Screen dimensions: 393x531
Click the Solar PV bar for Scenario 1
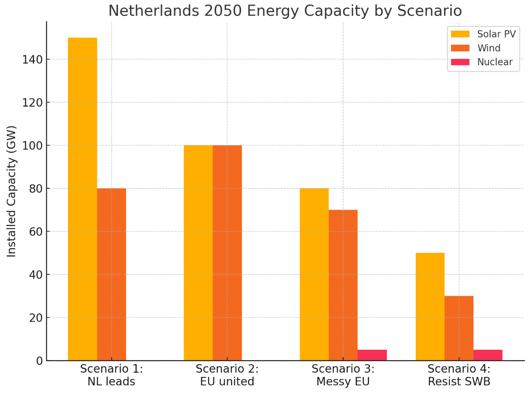(x=82, y=198)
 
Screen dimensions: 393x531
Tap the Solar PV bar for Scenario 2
(x=198, y=252)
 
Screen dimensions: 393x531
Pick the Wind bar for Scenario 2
(x=227, y=252)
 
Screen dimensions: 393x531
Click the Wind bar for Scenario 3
(x=343, y=285)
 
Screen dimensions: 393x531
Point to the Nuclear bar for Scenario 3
(x=372, y=355)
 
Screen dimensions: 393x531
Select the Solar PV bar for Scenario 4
(x=430, y=306)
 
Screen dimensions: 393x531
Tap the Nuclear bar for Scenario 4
(x=488, y=355)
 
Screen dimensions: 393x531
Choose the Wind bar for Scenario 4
(x=458, y=328)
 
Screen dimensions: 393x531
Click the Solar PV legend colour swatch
(x=460, y=34)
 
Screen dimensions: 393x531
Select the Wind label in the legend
(x=489, y=48)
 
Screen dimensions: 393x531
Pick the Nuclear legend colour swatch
(x=460, y=62)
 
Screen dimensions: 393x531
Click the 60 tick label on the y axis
(x=33, y=232)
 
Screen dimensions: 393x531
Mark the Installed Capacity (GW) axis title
(x=12, y=191)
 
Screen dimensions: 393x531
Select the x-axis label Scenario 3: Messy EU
(x=343, y=375)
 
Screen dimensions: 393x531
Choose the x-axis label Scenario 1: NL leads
(x=111, y=375)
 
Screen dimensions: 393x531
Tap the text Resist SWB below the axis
(x=458, y=382)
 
